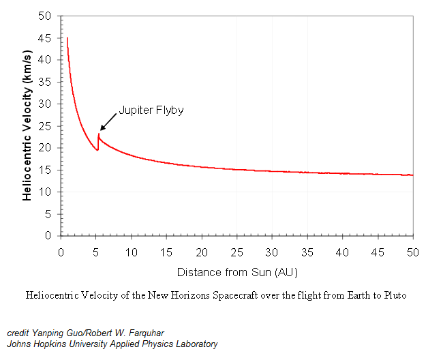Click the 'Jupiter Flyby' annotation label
point(151,109)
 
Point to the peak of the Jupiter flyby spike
point(98,134)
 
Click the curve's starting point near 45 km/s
point(67,38)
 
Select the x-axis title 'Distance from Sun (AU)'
point(237,272)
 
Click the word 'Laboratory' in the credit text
point(195,344)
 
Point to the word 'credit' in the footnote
point(18,333)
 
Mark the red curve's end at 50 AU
point(413,175)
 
